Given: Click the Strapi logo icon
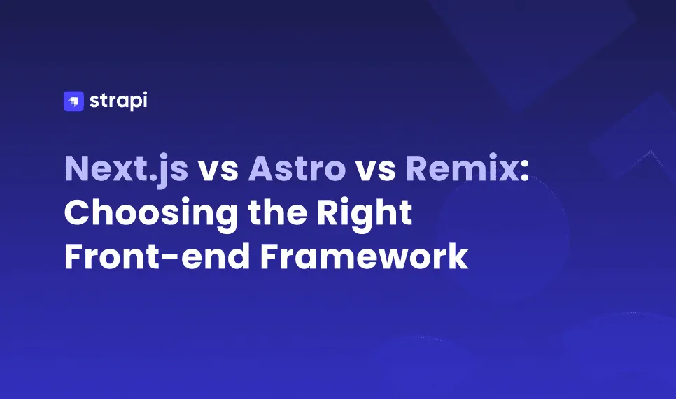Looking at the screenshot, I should (x=73, y=101).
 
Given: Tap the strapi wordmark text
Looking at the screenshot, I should (x=118, y=101).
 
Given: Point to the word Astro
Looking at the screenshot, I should (x=297, y=170).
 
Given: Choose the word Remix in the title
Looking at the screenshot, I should (x=461, y=170).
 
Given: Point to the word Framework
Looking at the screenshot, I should (x=364, y=256).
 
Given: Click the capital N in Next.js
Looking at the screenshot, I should (x=78, y=170).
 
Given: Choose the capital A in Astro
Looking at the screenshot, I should (x=262, y=170).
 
